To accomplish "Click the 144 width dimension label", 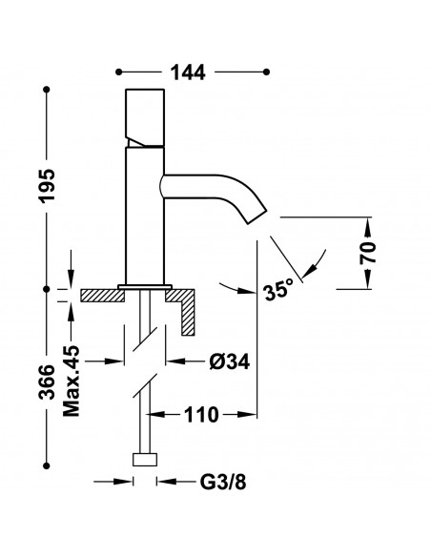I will [191, 71].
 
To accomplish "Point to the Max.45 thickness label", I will [72, 382].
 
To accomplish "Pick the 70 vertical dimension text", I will [370, 253].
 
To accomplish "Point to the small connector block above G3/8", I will [145, 459].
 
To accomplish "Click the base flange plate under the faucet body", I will [144, 287].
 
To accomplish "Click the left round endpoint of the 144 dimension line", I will [117, 72].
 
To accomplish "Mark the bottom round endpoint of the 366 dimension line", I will [47, 464].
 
